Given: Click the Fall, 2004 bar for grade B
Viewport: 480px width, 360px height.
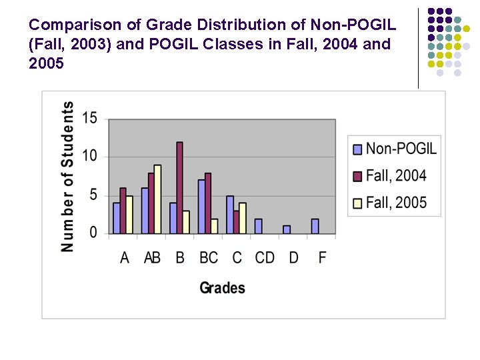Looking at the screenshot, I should pos(179,188).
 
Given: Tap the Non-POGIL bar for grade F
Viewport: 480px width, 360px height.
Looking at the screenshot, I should pos(315,226).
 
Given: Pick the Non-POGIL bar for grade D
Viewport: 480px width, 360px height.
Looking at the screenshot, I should pos(287,230).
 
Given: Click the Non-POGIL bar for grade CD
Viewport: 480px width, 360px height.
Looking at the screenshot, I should pos(259,226).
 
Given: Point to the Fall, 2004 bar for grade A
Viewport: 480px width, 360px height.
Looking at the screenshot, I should pos(123,211).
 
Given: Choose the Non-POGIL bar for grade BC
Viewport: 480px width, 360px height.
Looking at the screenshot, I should pos(201,207).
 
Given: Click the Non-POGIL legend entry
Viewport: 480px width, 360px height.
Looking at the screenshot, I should pos(394,149).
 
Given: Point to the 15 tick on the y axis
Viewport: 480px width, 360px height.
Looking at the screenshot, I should pos(90,119).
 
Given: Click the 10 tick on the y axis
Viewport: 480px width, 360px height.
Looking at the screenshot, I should pos(90,157).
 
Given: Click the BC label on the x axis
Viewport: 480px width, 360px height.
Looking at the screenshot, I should pos(209,257).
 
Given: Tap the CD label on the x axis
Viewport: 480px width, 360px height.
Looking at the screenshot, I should pos(265,257).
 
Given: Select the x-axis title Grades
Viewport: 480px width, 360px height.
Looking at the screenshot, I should pos(222,288).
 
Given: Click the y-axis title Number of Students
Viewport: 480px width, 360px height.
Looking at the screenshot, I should pos(67,177).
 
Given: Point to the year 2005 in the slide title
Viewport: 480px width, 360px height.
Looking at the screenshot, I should pos(47,63).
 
